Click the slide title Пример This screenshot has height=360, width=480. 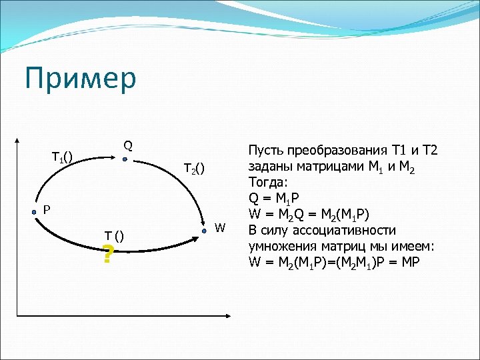click(80, 78)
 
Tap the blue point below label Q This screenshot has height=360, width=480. click(125, 159)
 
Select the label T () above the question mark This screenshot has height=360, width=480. click(113, 236)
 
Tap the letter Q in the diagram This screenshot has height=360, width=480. click(127, 145)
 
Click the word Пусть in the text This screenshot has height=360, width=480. click(265, 150)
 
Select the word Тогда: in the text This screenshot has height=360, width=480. click(267, 182)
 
